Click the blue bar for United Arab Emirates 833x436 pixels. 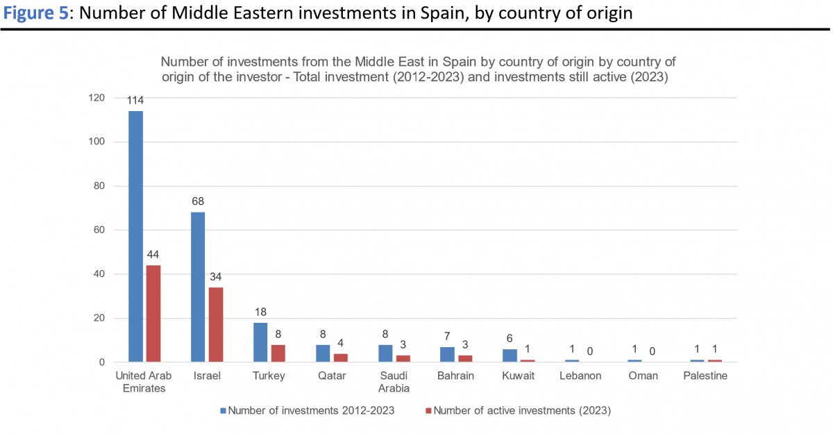pyautogui.click(x=135, y=236)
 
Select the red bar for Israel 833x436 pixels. pyautogui.click(x=216, y=324)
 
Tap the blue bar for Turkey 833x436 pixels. pyautogui.click(x=260, y=342)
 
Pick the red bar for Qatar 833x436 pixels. pyautogui.click(x=341, y=358)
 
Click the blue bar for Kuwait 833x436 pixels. pyautogui.click(x=510, y=355)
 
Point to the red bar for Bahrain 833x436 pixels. pyautogui.click(x=466, y=358)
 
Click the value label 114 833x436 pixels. pyautogui.click(x=135, y=101)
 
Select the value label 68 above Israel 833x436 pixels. pyautogui.click(x=198, y=201)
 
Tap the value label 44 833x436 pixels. pyautogui.click(x=153, y=255)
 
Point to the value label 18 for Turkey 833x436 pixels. pyautogui.click(x=260, y=312)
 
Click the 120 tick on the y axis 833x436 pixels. pyautogui.click(x=96, y=98)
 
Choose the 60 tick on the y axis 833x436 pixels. pyautogui.click(x=99, y=230)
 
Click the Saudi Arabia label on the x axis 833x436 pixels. pyautogui.click(x=394, y=382)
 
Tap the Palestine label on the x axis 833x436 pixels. pyautogui.click(x=705, y=376)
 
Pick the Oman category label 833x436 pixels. pyautogui.click(x=643, y=376)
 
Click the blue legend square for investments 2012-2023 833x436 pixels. pyautogui.click(x=224, y=410)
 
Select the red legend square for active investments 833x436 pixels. pyautogui.click(x=428, y=410)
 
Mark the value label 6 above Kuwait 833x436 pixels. pyautogui.click(x=510, y=338)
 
